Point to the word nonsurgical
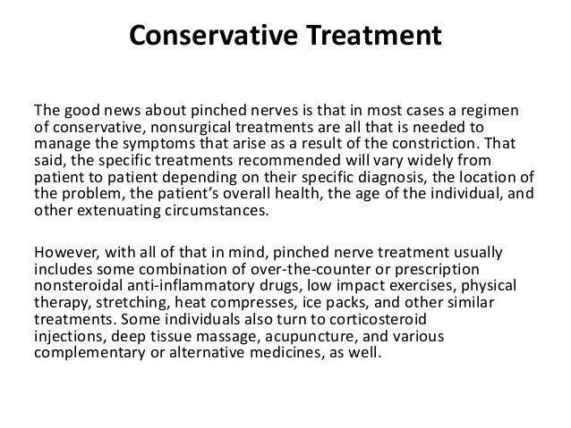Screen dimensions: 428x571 (180, 127)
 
